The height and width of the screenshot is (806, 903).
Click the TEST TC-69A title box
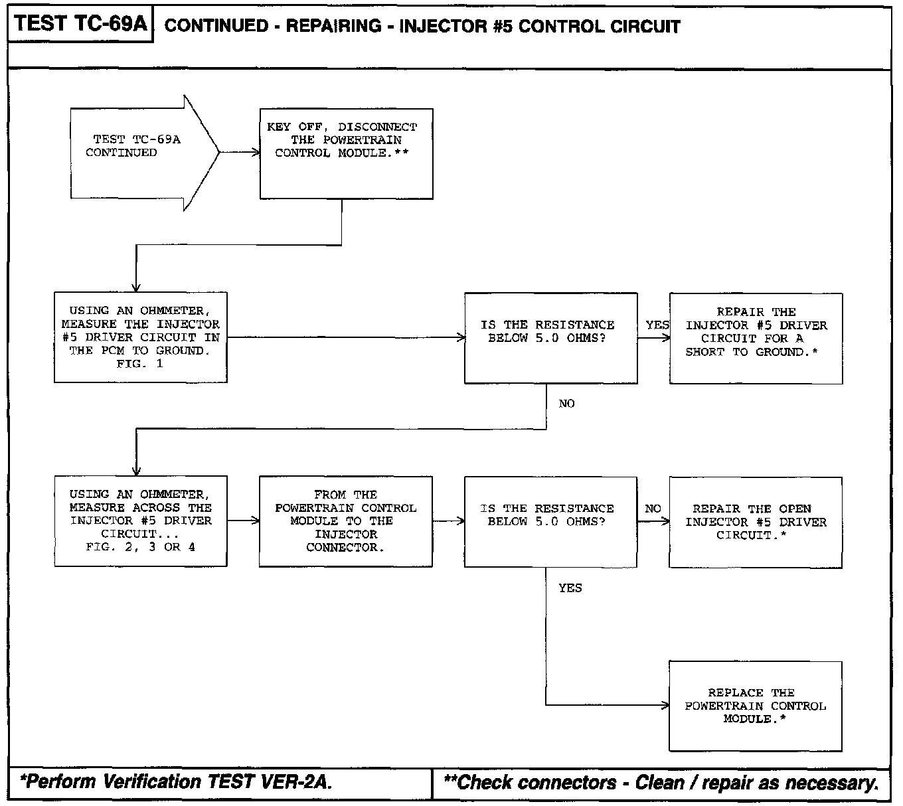coord(80,25)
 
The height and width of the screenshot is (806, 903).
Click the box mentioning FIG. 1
coord(140,337)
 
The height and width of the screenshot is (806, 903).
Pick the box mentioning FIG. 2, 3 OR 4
coord(140,521)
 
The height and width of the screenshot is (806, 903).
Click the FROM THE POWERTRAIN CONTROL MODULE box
coord(345,521)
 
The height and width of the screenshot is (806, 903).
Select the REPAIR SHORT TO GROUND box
coord(756,339)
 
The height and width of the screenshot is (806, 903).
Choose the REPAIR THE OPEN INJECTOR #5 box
coord(756,522)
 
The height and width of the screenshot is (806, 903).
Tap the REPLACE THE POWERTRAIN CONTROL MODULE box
coord(756,706)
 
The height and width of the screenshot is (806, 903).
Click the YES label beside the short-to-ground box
coord(657,325)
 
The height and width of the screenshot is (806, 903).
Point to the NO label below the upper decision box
coord(566,404)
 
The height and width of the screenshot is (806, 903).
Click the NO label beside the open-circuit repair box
coord(653,509)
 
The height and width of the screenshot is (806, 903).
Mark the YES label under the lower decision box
coord(570,588)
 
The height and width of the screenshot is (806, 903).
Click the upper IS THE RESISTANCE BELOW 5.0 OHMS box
coord(550,338)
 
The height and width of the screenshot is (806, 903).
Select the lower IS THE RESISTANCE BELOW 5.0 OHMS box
coord(550,521)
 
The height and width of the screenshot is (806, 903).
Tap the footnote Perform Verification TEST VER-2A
coord(176,782)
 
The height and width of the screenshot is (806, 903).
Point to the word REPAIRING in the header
coord(333,27)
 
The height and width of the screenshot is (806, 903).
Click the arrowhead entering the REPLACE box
coord(665,705)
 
